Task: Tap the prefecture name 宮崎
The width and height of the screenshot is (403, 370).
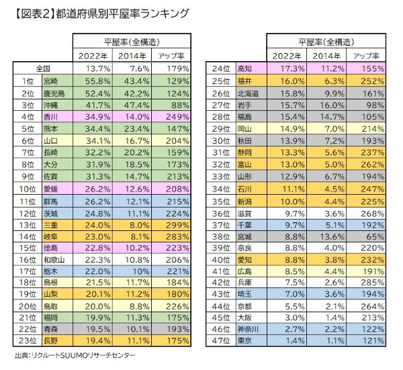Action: point(51,80)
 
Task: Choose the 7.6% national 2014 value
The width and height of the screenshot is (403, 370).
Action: point(134,68)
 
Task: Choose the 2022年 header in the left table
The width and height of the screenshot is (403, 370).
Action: point(93,55)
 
